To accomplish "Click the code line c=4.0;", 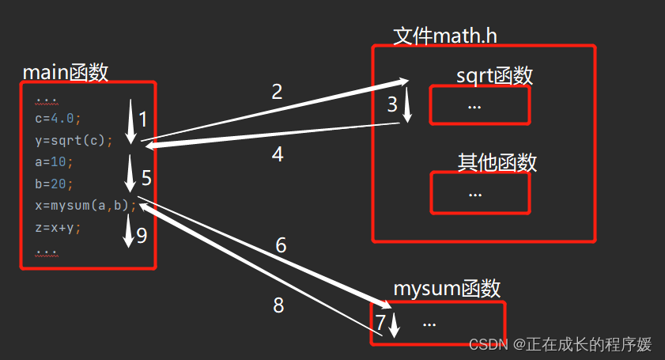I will tap(58, 119).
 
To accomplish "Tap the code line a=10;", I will tap(54, 162).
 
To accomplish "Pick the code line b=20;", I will tap(54, 184).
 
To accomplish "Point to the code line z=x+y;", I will tap(58, 227).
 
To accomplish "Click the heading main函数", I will tap(65, 72).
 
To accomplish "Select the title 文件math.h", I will tap(444, 36).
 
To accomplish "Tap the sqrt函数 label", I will tap(494, 76).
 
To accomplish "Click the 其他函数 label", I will tap(497, 162).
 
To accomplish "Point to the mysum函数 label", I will tap(447, 289).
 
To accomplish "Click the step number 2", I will tap(277, 92).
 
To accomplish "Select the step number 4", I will tap(277, 154).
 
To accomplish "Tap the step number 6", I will tap(281, 245).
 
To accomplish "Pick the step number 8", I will tap(278, 305).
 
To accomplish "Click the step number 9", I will tap(142, 235).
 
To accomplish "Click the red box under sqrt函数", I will tap(480, 105).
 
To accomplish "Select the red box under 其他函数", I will tap(480, 193).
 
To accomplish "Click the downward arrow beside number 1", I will tap(130, 119).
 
